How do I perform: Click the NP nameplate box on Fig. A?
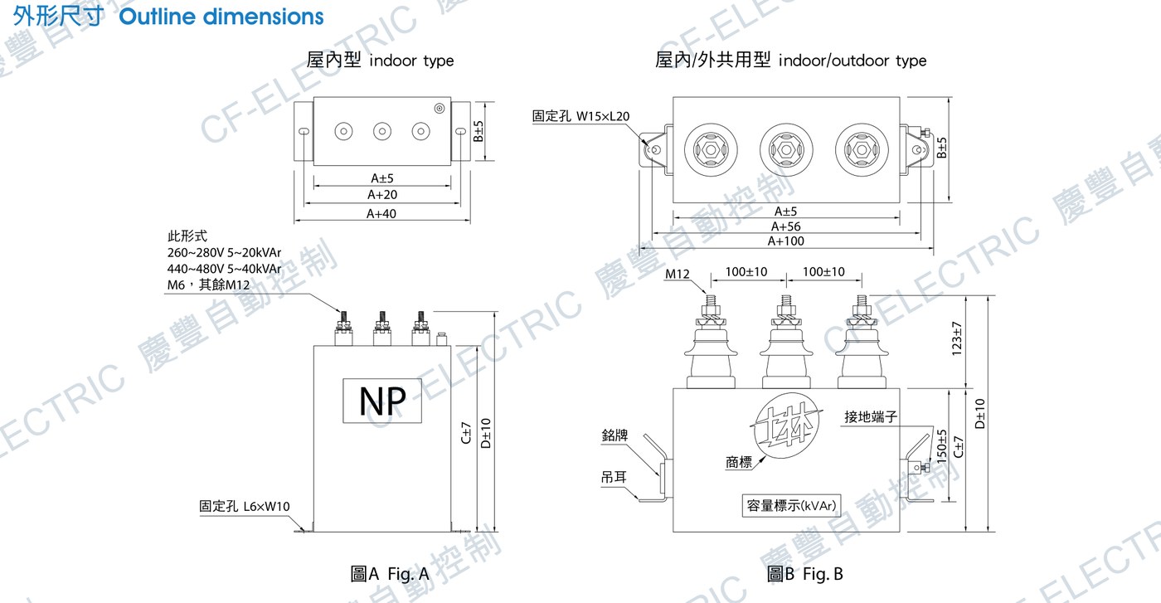382,401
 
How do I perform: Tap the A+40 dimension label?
381,214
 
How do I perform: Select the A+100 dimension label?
786,241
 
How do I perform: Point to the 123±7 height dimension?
957,338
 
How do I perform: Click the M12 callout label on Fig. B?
677,274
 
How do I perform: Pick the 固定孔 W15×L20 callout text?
580,116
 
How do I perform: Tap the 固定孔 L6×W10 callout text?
244,506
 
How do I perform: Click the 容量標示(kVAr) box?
791,505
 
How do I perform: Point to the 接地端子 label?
871,417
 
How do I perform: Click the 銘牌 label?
615,435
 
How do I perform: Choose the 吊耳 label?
614,476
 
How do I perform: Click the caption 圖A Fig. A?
390,574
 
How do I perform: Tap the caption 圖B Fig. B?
805,574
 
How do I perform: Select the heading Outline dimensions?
221,17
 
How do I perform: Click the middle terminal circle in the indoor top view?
382,131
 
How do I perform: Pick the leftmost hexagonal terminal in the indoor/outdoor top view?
711,150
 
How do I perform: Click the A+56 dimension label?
786,226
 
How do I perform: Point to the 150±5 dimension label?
942,446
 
